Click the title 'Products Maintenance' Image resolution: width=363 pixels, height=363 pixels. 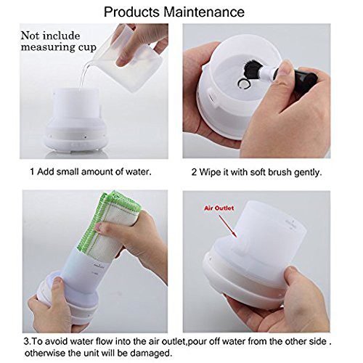point(181,12)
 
